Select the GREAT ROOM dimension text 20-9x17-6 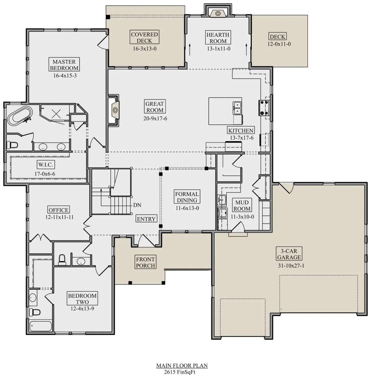(155, 118)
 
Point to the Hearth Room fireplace (218, 13)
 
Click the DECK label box (278, 36)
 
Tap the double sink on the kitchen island (237, 108)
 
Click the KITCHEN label (241, 130)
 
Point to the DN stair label (137, 205)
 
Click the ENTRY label (146, 219)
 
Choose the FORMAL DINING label (187, 197)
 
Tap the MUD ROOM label (242, 205)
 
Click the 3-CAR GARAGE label (289, 254)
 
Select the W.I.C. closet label (46, 165)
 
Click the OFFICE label (58, 210)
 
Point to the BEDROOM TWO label (82, 299)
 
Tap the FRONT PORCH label (145, 262)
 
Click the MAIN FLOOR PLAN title (182, 365)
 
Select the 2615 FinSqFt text (180, 372)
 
